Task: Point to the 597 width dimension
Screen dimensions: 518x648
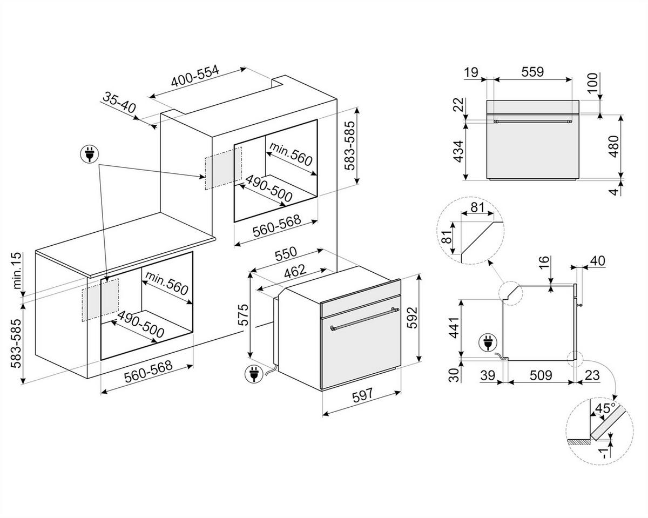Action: pos(362,395)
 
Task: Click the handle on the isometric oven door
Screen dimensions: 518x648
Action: pos(364,318)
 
